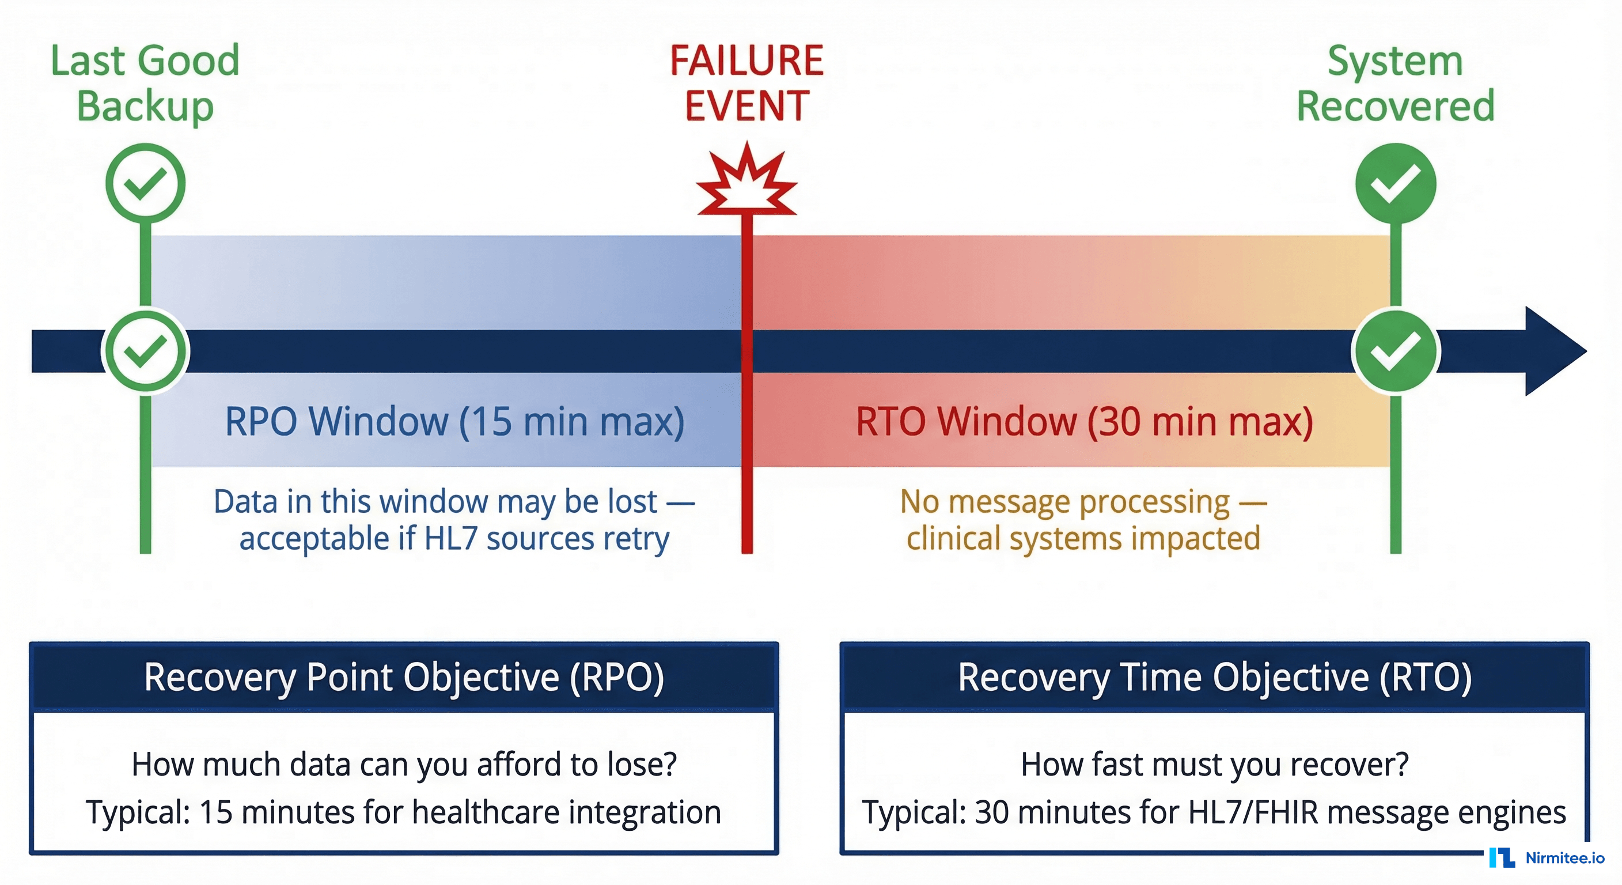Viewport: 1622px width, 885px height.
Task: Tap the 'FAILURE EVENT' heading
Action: coord(746,82)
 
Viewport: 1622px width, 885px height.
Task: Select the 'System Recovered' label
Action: coord(1395,82)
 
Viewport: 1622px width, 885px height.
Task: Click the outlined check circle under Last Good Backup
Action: coord(146,183)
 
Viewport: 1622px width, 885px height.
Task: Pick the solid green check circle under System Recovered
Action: coord(1395,183)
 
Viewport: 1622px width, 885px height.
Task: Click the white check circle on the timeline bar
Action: coord(146,351)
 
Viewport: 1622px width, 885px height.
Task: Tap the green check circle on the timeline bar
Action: coord(1395,351)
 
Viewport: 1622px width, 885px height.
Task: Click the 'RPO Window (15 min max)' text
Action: coord(454,421)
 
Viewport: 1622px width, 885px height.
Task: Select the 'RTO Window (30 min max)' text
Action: coord(1084,421)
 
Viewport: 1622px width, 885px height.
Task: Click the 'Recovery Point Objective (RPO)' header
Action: coord(404,678)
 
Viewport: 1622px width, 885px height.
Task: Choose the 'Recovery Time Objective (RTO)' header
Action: coord(1215,678)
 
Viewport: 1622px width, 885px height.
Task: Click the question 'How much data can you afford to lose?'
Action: coord(404,765)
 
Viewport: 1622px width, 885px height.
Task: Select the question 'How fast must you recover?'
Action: coord(1215,765)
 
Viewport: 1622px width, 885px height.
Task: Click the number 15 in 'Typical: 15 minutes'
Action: coord(216,812)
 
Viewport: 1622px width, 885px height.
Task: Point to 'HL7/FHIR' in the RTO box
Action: coord(1253,812)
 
